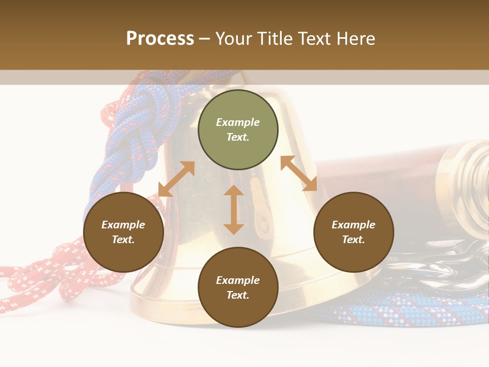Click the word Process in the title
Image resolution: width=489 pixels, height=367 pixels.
click(x=160, y=39)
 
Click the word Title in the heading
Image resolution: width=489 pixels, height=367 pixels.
click(x=274, y=39)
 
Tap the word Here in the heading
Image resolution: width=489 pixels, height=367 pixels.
click(x=355, y=39)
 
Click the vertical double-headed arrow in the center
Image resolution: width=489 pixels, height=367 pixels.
click(x=234, y=209)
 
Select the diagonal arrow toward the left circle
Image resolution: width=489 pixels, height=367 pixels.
click(x=176, y=179)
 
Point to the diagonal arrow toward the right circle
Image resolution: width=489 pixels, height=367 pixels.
click(x=298, y=173)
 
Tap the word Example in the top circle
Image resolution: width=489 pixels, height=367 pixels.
click(x=238, y=122)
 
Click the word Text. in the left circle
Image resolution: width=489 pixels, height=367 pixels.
click(x=123, y=240)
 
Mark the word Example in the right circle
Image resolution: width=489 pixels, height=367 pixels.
click(x=354, y=225)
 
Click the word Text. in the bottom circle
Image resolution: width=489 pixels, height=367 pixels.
click(x=238, y=295)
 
